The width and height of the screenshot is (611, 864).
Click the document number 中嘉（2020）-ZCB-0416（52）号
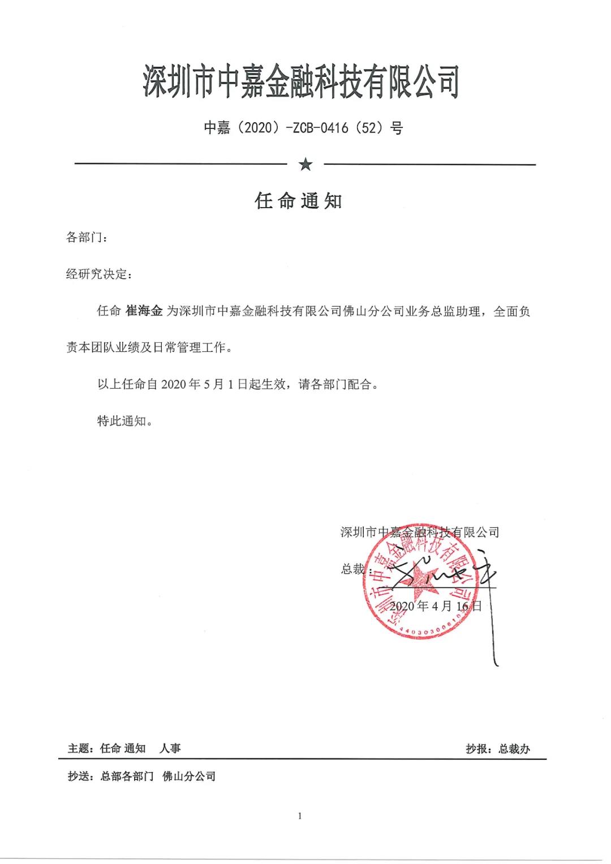303,128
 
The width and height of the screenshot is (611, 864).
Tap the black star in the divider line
305,165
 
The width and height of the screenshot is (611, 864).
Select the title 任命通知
299,201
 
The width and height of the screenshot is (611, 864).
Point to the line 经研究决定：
98,274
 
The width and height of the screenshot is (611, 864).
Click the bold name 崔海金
144,311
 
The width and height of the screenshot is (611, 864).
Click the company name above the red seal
419,532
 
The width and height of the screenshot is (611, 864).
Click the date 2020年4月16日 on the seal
436,606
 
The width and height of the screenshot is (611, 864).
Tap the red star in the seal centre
421,583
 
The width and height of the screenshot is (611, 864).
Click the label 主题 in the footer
79,749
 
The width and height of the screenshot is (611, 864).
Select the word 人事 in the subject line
170,749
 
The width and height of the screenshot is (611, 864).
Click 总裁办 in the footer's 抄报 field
514,749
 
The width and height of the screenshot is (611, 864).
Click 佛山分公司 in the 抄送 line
189,777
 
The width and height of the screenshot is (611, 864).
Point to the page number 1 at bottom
300,816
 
